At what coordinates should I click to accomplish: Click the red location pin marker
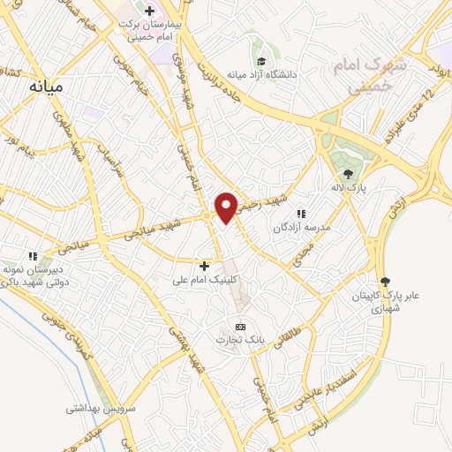tap(226, 207)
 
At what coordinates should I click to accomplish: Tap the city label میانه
tap(48, 87)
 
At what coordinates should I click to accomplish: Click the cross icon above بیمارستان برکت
tap(149, 11)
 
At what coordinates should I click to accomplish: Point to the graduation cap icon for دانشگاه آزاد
tap(261, 61)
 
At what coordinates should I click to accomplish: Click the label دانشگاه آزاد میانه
tap(262, 75)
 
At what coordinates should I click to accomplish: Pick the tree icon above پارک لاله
tap(348, 174)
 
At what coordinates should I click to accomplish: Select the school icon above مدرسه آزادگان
tap(300, 213)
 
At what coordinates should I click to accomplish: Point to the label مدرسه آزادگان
tap(300, 227)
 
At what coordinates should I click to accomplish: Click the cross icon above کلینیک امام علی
tap(204, 265)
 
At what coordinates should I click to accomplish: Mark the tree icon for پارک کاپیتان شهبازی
tap(383, 281)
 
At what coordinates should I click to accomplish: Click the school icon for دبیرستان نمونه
tap(33, 256)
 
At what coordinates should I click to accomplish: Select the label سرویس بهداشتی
tap(98, 409)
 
